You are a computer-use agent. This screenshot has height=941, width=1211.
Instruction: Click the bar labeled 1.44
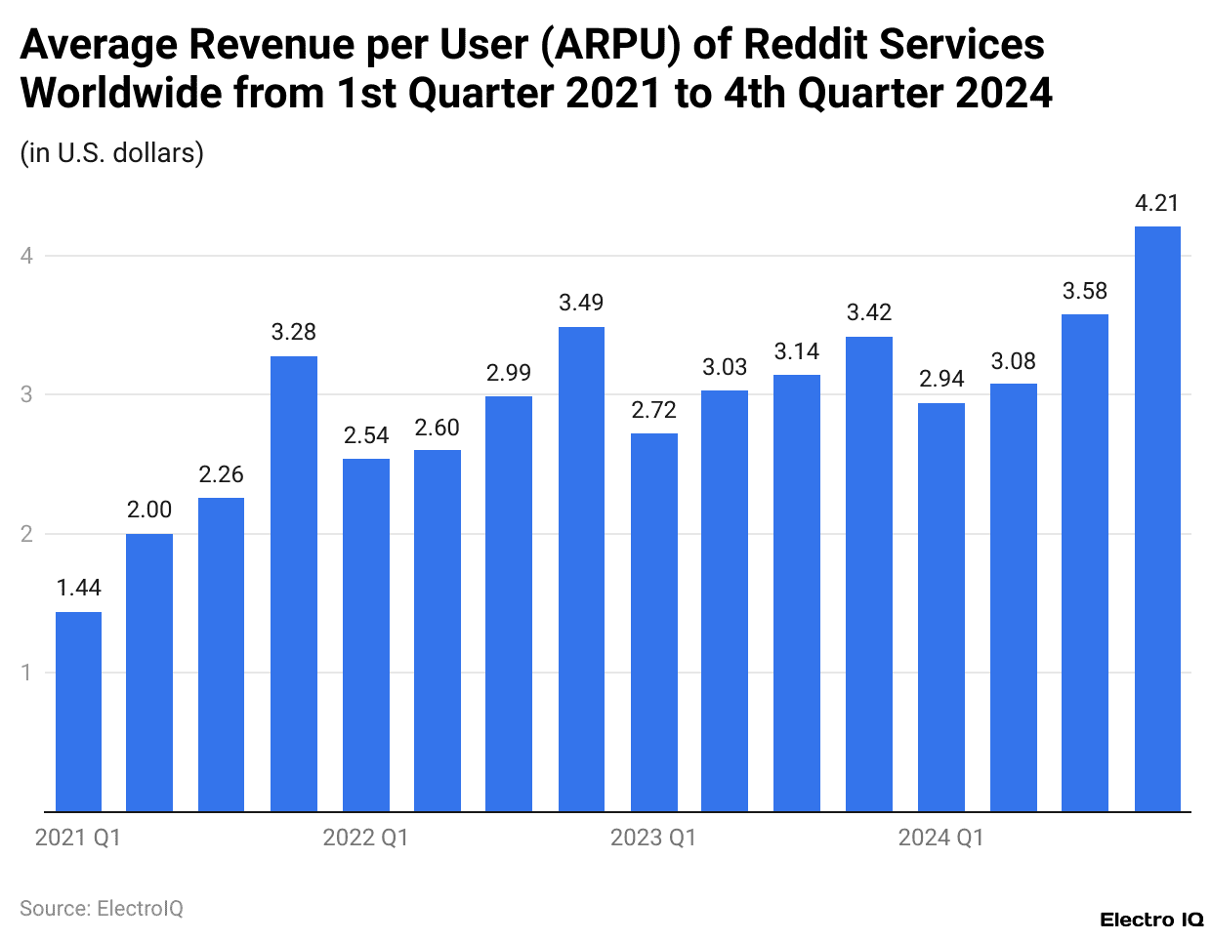[78, 712]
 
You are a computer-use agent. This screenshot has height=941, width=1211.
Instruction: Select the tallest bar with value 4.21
[1157, 518]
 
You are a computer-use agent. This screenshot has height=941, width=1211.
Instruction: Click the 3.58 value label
[1085, 291]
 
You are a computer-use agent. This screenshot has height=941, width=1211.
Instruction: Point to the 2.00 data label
[149, 510]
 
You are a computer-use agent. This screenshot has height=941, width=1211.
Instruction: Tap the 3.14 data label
[797, 351]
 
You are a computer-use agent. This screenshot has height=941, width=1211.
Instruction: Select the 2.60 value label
[437, 428]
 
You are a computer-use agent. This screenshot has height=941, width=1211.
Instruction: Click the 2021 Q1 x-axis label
[78, 838]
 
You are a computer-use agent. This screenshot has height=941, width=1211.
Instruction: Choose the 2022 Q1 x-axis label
[365, 838]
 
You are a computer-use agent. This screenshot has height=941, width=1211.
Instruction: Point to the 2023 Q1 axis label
[653, 838]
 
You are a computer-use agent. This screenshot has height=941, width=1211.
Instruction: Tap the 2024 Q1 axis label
[941, 838]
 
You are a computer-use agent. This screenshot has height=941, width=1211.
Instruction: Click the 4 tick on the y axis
[26, 256]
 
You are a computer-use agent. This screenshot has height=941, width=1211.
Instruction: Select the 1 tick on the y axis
[26, 673]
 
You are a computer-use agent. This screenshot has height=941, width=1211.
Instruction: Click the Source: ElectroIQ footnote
[102, 909]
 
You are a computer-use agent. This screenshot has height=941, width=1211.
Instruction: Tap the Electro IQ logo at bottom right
[1151, 920]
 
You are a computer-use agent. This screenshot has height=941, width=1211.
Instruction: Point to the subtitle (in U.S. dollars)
[112, 153]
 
